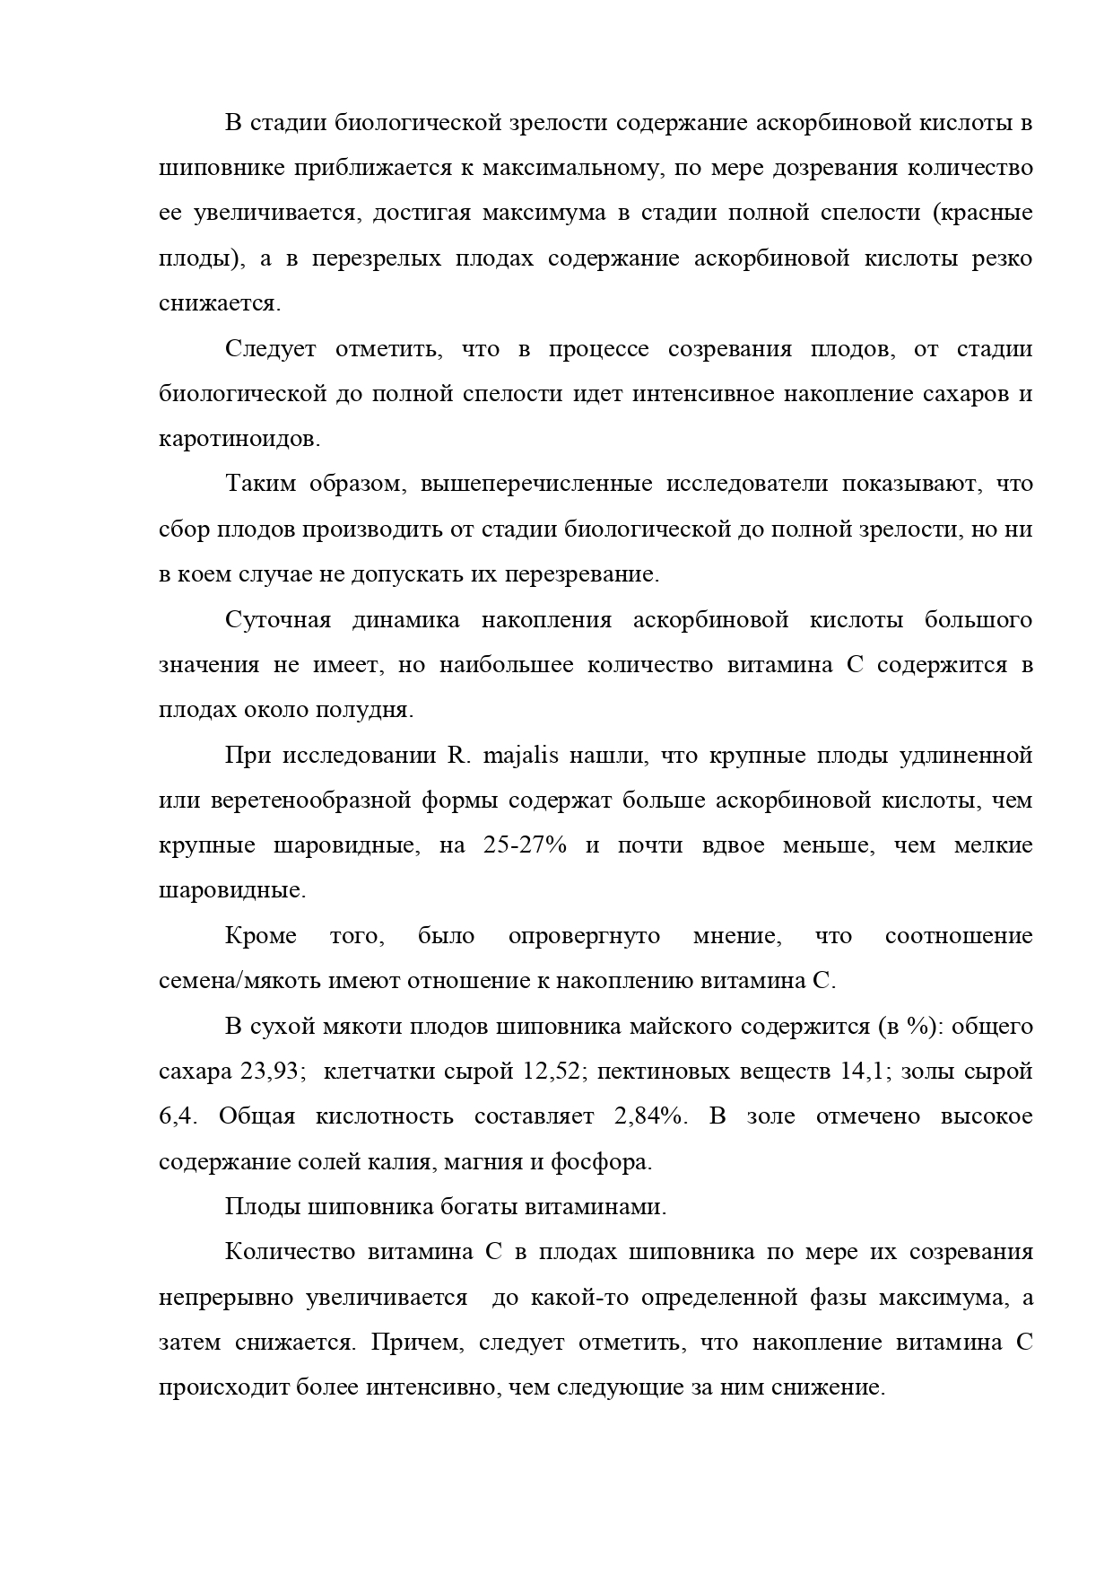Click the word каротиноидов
click(x=238, y=439)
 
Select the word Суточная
click(x=278, y=620)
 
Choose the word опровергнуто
click(x=584, y=936)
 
